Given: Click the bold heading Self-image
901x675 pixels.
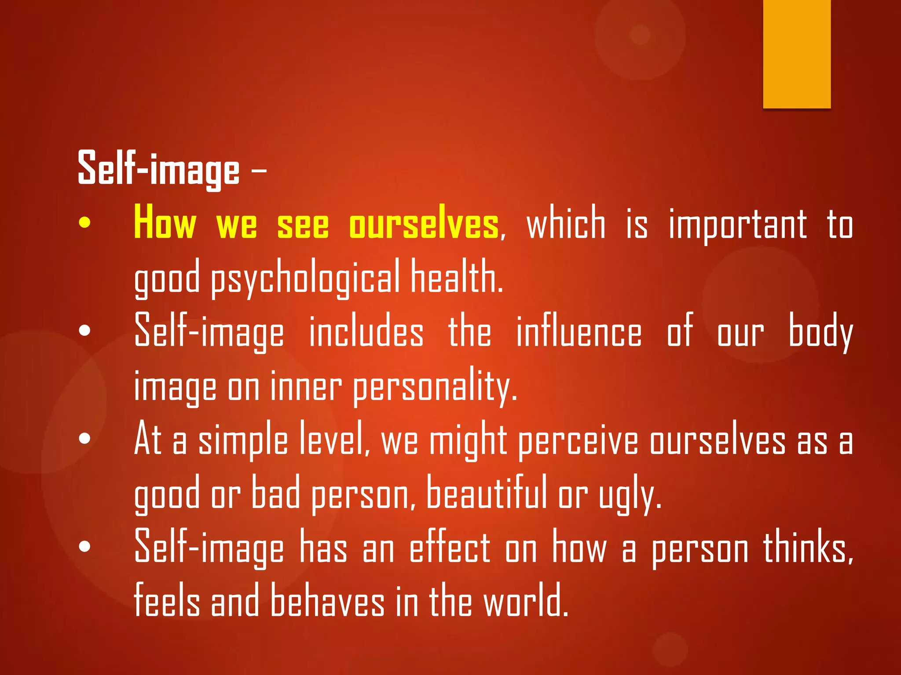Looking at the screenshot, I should point(158,169).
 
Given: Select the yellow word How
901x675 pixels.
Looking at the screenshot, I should point(165,223).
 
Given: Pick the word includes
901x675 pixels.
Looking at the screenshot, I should point(366,332).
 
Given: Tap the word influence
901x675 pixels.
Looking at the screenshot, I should point(579,332).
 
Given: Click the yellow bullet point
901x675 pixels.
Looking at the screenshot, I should point(84,223).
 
